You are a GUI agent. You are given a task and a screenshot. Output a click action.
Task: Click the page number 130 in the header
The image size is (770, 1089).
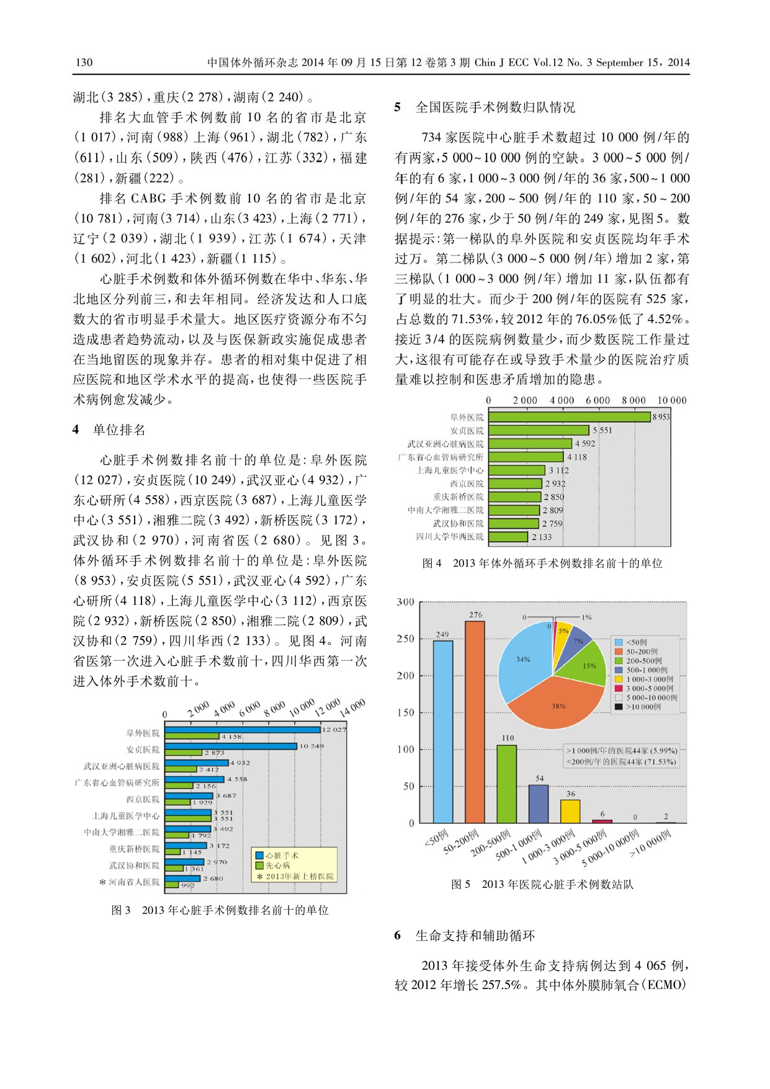(x=84, y=62)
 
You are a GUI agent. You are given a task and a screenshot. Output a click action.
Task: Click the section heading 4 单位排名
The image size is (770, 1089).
(x=109, y=429)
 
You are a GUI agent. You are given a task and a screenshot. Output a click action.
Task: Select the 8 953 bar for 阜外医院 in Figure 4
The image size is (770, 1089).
(x=569, y=417)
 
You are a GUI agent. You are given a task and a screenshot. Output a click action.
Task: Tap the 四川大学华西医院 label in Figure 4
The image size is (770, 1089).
(x=450, y=537)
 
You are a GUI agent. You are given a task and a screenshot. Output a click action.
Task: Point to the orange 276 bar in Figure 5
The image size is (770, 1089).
(x=475, y=722)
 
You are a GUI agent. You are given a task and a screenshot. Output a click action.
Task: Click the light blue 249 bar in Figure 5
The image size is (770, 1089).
(x=442, y=732)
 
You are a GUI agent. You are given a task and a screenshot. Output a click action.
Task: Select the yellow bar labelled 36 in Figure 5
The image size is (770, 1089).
(x=570, y=811)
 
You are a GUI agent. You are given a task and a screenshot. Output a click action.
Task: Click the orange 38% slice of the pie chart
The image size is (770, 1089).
(x=557, y=701)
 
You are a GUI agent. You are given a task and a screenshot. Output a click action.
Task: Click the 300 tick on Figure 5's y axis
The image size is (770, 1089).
(x=405, y=602)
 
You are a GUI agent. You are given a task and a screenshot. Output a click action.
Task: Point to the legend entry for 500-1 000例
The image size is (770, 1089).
(x=642, y=670)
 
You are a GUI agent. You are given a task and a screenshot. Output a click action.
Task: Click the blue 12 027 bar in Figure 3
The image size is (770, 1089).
(x=243, y=730)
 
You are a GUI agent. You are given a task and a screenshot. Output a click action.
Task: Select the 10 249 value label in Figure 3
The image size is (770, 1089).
(x=311, y=746)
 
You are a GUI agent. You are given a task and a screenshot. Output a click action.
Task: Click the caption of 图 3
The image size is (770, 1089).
(x=220, y=910)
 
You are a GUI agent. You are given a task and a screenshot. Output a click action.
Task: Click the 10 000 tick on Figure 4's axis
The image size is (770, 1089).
(x=671, y=400)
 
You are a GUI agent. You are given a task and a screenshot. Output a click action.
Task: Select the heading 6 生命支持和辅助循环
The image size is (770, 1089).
(x=465, y=936)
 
